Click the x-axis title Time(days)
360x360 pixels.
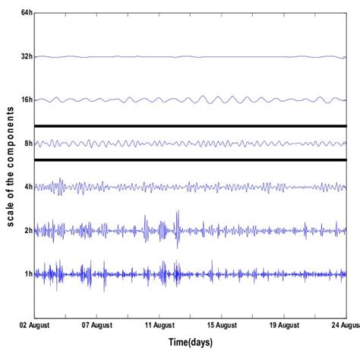(189, 343)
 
